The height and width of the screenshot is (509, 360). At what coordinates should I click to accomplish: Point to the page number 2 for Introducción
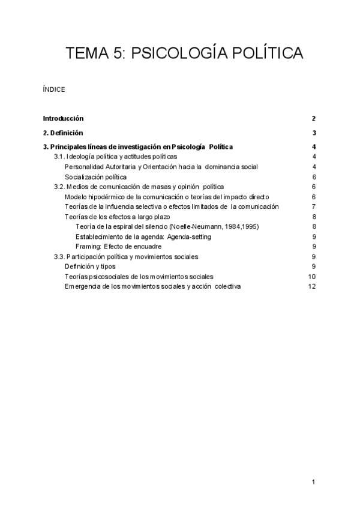(314, 118)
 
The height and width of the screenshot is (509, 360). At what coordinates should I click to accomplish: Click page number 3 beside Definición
(314, 133)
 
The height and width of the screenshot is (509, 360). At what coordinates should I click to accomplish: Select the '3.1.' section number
(62, 157)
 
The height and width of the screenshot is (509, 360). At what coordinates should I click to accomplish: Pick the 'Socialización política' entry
(95, 176)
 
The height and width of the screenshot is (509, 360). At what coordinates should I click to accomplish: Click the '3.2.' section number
(62, 187)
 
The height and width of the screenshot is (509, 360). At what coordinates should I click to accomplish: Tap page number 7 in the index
(314, 206)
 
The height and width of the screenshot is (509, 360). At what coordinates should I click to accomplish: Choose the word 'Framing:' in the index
(88, 246)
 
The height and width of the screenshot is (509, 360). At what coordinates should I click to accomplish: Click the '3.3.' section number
(62, 256)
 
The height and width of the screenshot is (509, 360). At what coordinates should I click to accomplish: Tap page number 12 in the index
(311, 286)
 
